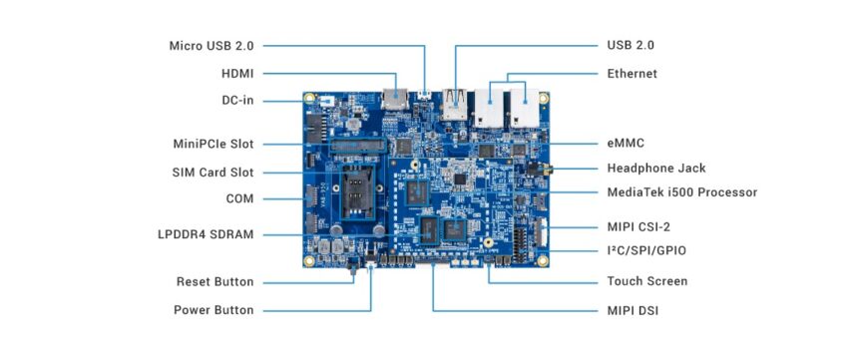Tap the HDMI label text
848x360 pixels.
pyautogui.click(x=237, y=74)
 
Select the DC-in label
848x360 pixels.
pyautogui.click(x=237, y=101)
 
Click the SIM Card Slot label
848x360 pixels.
pyautogui.click(x=212, y=173)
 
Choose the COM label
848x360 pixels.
pyautogui.click(x=239, y=199)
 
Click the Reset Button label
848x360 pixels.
pyautogui.click(x=214, y=282)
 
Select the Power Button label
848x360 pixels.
pyautogui.click(x=213, y=310)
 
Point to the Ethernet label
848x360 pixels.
pyautogui.click(x=632, y=74)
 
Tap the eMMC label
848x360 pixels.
pyautogui.click(x=627, y=145)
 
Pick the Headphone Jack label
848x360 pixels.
pyautogui.click(x=655, y=169)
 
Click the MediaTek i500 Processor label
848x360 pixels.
pyautogui.click(x=682, y=192)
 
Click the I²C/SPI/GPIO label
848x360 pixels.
pyautogui.click(x=646, y=250)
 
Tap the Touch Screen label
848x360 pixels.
pyautogui.click(x=646, y=282)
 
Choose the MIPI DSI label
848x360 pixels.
pyautogui.click(x=633, y=310)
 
